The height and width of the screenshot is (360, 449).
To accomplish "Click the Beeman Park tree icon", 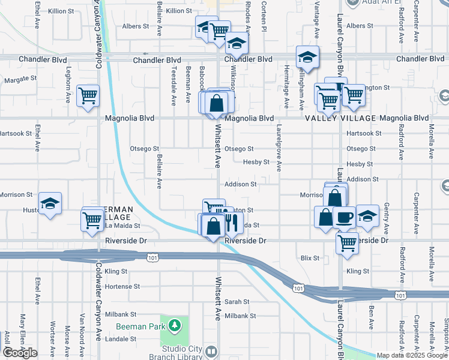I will [x=175, y=326].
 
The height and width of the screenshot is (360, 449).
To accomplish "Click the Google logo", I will [x=20, y=353].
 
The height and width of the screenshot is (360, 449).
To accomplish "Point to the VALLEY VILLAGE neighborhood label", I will [x=340, y=118].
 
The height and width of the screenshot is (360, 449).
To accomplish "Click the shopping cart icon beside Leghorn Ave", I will [x=88, y=95].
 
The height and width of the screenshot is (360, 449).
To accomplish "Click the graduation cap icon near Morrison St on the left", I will [x=50, y=203].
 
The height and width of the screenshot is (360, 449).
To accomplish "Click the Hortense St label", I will [x=122, y=287].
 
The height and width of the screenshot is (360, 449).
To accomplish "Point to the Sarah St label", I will [x=237, y=302].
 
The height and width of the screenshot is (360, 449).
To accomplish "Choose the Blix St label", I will [x=310, y=258].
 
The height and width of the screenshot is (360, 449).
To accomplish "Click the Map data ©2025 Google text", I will [x=412, y=355].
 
